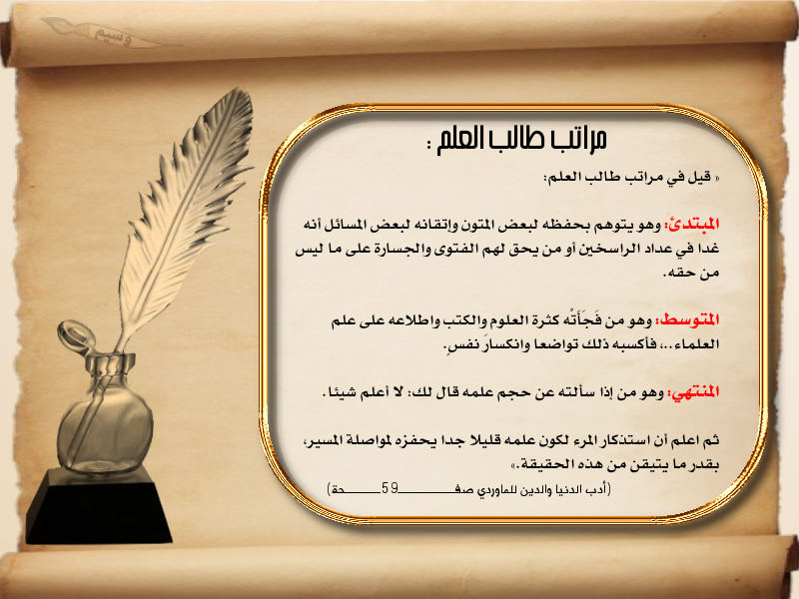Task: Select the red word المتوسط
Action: click(687, 320)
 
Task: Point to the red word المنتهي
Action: click(693, 392)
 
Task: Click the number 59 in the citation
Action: click(390, 489)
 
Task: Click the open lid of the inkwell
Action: click(76, 336)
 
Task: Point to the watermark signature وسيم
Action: click(113, 37)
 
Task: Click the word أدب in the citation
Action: click(599, 489)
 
